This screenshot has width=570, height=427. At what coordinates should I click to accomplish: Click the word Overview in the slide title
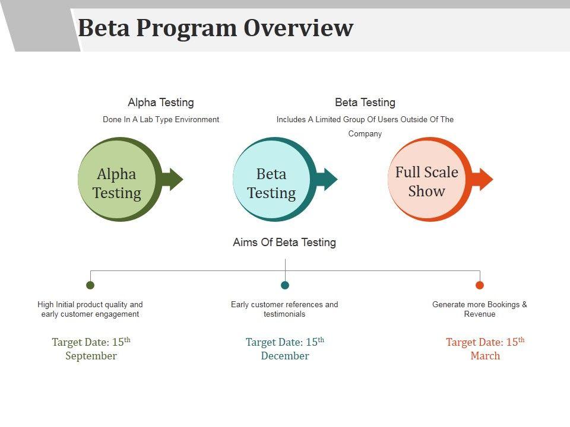point(299,28)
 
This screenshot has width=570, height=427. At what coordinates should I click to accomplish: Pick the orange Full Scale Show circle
point(427,181)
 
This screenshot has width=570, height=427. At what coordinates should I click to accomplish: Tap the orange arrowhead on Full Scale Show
point(484,179)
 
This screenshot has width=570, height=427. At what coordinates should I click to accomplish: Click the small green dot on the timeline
point(90,285)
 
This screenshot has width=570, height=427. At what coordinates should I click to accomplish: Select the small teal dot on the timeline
point(285,285)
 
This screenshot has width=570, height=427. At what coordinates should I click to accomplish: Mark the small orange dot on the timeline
point(480,285)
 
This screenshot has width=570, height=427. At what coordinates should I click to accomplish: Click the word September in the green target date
point(91,356)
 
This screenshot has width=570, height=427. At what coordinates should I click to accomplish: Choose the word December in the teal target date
point(285,356)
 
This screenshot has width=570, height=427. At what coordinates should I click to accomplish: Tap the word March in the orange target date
point(485,356)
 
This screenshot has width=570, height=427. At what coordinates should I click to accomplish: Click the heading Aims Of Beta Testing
point(284,242)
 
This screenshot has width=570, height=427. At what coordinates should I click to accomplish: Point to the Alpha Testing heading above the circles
point(161,103)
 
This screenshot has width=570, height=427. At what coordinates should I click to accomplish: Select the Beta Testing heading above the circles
point(365,103)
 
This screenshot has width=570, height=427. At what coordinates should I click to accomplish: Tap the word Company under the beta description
point(365,134)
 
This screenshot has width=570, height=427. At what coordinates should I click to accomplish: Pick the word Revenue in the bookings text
point(480,314)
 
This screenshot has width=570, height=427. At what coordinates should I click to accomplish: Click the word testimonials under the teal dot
point(284,314)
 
